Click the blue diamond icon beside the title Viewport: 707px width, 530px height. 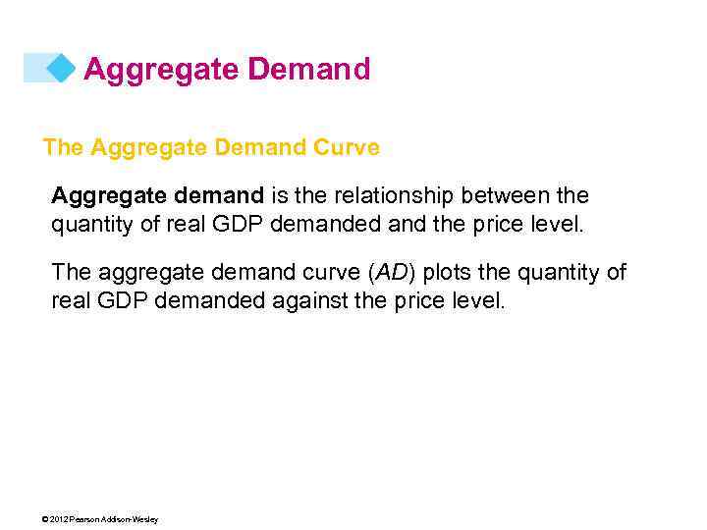coord(62,69)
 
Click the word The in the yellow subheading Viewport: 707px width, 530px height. coord(63,148)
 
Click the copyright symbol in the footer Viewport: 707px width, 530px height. coord(46,519)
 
